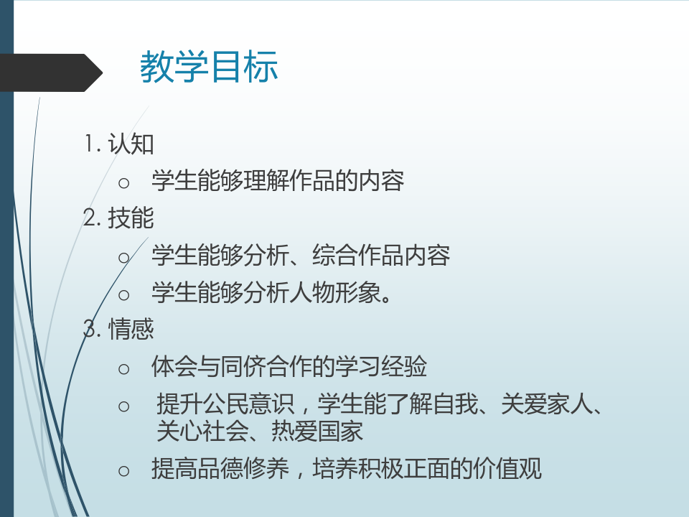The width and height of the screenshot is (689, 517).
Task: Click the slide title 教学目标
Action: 209,66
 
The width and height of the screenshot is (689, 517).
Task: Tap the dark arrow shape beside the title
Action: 51,73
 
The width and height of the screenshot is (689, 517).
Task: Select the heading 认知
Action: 131,144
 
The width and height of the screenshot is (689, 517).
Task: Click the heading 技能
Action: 131,218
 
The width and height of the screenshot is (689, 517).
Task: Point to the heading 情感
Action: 131,329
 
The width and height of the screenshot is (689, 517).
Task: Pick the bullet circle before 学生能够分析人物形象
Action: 124,294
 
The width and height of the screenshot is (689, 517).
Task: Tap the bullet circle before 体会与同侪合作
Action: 124,369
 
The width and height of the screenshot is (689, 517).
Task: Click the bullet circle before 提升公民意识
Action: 124,406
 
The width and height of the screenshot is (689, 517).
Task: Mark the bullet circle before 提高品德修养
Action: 124,471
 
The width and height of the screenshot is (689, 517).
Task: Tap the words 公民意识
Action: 248,404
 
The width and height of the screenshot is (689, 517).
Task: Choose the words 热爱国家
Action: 317,431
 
